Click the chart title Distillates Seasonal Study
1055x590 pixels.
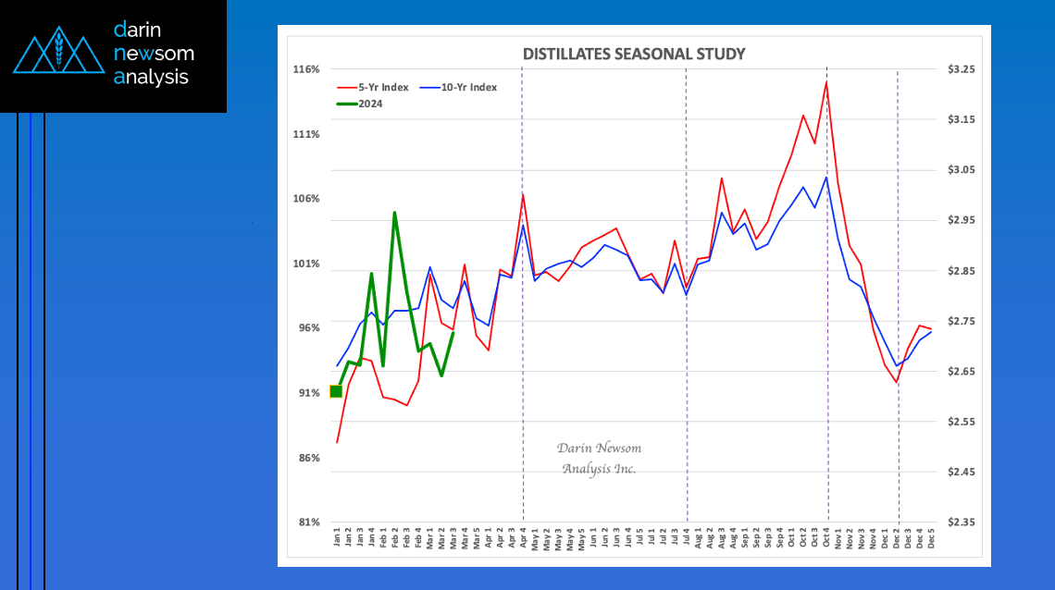click(x=633, y=54)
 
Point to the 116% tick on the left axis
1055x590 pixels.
click(x=306, y=69)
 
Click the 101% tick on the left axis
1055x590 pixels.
click(x=306, y=264)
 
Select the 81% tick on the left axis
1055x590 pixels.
click(x=306, y=522)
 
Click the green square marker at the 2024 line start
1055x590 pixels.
click(x=336, y=391)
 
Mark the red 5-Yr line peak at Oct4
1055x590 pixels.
click(x=825, y=82)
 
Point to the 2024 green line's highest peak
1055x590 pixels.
click(x=394, y=213)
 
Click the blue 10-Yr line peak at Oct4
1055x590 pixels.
click(x=825, y=177)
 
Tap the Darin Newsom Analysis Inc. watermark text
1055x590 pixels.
click(x=599, y=458)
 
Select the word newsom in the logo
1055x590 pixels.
click(x=153, y=54)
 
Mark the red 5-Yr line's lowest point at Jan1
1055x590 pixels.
click(x=337, y=442)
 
